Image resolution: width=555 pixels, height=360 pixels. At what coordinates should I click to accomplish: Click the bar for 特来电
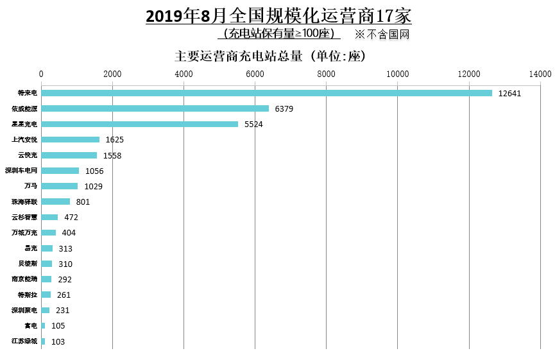pyautogui.click(x=266, y=93)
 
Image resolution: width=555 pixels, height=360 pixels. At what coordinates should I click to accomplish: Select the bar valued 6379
pyautogui.click(x=155, y=108)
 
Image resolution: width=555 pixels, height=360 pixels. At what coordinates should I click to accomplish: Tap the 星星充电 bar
pyautogui.click(x=140, y=124)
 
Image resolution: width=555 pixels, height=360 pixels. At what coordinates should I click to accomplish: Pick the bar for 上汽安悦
pyautogui.click(x=71, y=139)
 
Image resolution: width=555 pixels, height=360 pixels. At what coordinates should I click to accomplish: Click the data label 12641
pyautogui.click(x=509, y=94)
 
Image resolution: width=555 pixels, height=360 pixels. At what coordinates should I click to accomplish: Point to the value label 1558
pyautogui.click(x=112, y=155)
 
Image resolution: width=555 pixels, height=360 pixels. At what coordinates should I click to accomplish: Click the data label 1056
pyautogui.click(x=94, y=171)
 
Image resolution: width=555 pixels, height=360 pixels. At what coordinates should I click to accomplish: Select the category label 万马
pyautogui.click(x=31, y=186)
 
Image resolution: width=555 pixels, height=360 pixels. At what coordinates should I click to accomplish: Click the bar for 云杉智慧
pyautogui.click(x=50, y=217)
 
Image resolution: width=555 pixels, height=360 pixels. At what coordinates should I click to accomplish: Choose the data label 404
pyautogui.click(x=69, y=233)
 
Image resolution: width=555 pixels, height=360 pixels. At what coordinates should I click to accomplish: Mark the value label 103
pyautogui.click(x=58, y=341)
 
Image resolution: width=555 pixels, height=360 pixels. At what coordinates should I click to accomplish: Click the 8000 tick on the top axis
pyautogui.click(x=326, y=74)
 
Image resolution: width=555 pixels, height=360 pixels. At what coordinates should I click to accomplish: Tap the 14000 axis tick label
pyautogui.click(x=540, y=74)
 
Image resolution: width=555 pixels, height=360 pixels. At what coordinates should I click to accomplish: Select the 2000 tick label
pyautogui.click(x=112, y=74)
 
